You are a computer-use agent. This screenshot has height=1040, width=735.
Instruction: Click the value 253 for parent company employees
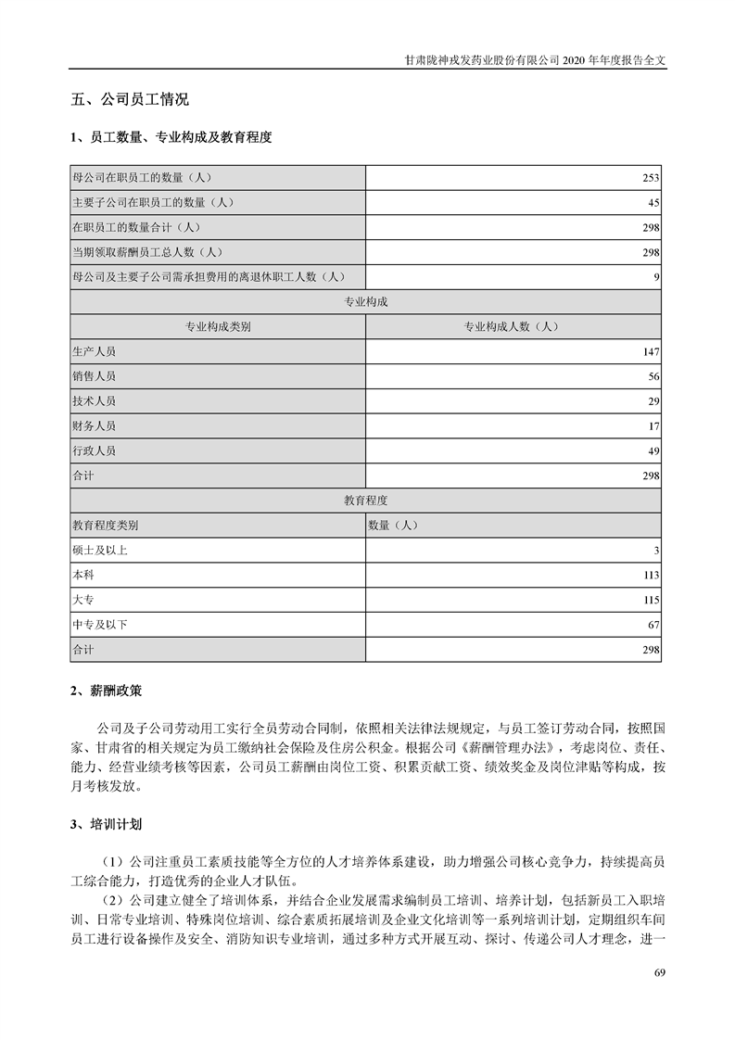pyautogui.click(x=650, y=177)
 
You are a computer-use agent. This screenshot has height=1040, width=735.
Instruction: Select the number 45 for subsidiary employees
pyautogui.click(x=653, y=202)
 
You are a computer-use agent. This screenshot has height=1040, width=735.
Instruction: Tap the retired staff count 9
pyautogui.click(x=655, y=277)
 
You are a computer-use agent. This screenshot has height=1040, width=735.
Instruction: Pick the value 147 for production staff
pyautogui.click(x=650, y=352)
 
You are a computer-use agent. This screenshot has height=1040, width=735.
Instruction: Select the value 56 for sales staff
pyautogui.click(x=653, y=377)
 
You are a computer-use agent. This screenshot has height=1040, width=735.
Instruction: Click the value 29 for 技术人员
pyautogui.click(x=653, y=402)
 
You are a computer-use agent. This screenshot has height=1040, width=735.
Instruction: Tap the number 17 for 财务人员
pyautogui.click(x=653, y=427)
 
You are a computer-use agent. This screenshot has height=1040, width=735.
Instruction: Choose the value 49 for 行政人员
pyautogui.click(x=653, y=452)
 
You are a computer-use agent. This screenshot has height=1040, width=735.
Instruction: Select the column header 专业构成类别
pyautogui.click(x=218, y=327)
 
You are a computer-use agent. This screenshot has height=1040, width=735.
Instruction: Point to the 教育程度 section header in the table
pyautogui.click(x=366, y=501)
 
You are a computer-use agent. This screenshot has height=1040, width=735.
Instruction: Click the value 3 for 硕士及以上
pyautogui.click(x=655, y=552)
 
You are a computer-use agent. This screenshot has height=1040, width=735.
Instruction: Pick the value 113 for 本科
pyautogui.click(x=650, y=576)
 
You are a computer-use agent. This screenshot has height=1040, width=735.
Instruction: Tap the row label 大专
pyautogui.click(x=82, y=601)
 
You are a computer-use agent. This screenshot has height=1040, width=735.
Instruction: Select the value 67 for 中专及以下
pyautogui.click(x=653, y=626)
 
